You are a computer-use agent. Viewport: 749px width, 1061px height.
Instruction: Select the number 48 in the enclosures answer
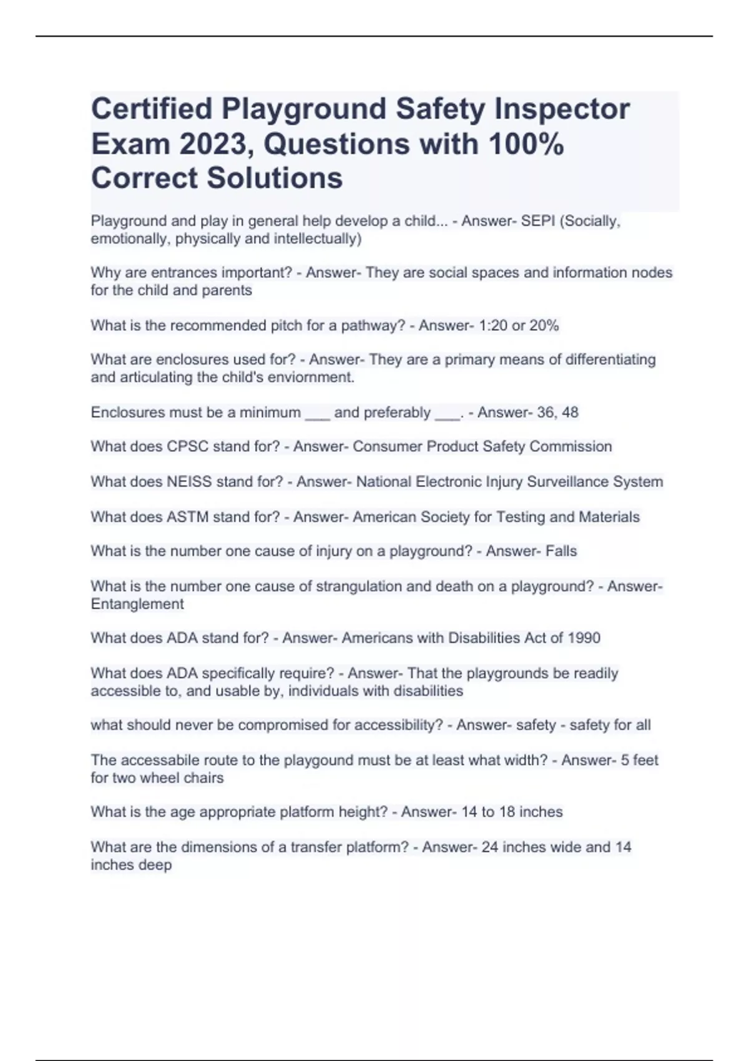pos(570,412)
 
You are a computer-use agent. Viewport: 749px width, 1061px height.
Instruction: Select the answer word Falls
pos(561,551)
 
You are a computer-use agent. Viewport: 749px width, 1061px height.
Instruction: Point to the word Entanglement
pos(137,604)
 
